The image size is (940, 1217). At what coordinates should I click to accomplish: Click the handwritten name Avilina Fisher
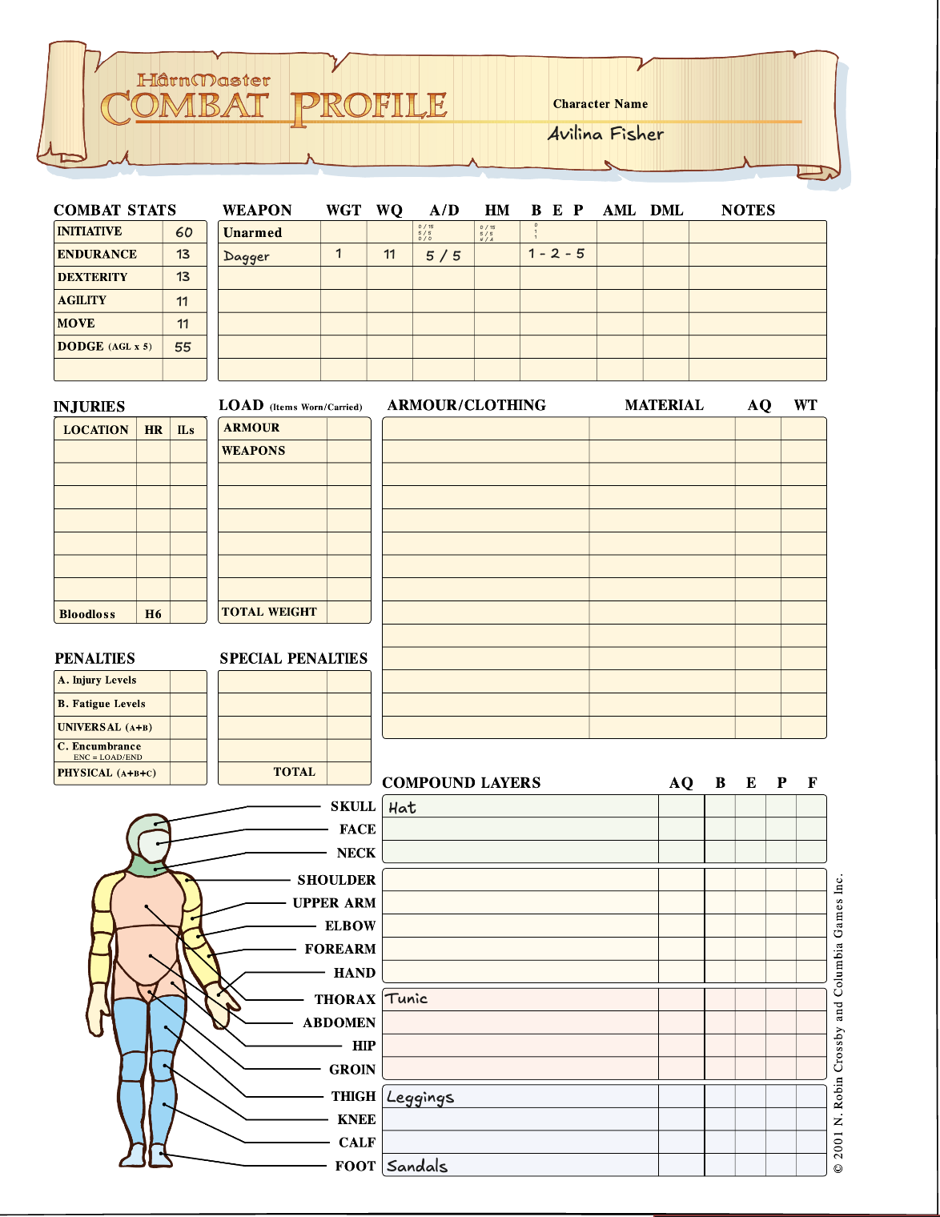[605, 134]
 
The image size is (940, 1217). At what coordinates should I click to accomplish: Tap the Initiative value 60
[183, 232]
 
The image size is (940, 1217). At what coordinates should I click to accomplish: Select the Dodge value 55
[183, 347]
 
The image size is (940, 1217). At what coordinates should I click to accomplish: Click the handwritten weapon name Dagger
[246, 256]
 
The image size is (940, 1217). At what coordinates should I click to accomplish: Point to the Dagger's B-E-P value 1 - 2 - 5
[556, 254]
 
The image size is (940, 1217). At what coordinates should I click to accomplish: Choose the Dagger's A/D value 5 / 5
[443, 255]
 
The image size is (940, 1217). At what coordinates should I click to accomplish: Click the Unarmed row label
[252, 233]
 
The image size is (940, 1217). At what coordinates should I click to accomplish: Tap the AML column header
[619, 211]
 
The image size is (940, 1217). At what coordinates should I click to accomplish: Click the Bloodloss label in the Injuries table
[86, 614]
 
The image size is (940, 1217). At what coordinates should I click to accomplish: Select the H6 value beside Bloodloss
[153, 614]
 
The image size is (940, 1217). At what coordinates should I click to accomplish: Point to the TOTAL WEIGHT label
[269, 612]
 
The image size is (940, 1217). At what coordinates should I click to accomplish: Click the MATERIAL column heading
[664, 405]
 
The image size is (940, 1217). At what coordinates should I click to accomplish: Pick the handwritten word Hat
[402, 807]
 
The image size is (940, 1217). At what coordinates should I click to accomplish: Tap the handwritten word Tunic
[407, 998]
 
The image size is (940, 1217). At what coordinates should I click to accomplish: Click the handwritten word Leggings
[420, 1098]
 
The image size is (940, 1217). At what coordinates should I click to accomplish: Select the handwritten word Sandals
[416, 1166]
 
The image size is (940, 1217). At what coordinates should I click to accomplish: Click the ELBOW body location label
[350, 926]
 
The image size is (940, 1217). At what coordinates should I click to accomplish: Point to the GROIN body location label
[351, 1070]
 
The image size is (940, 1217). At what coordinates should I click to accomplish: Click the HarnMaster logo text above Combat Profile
[203, 80]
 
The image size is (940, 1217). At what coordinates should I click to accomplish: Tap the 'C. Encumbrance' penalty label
[99, 746]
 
